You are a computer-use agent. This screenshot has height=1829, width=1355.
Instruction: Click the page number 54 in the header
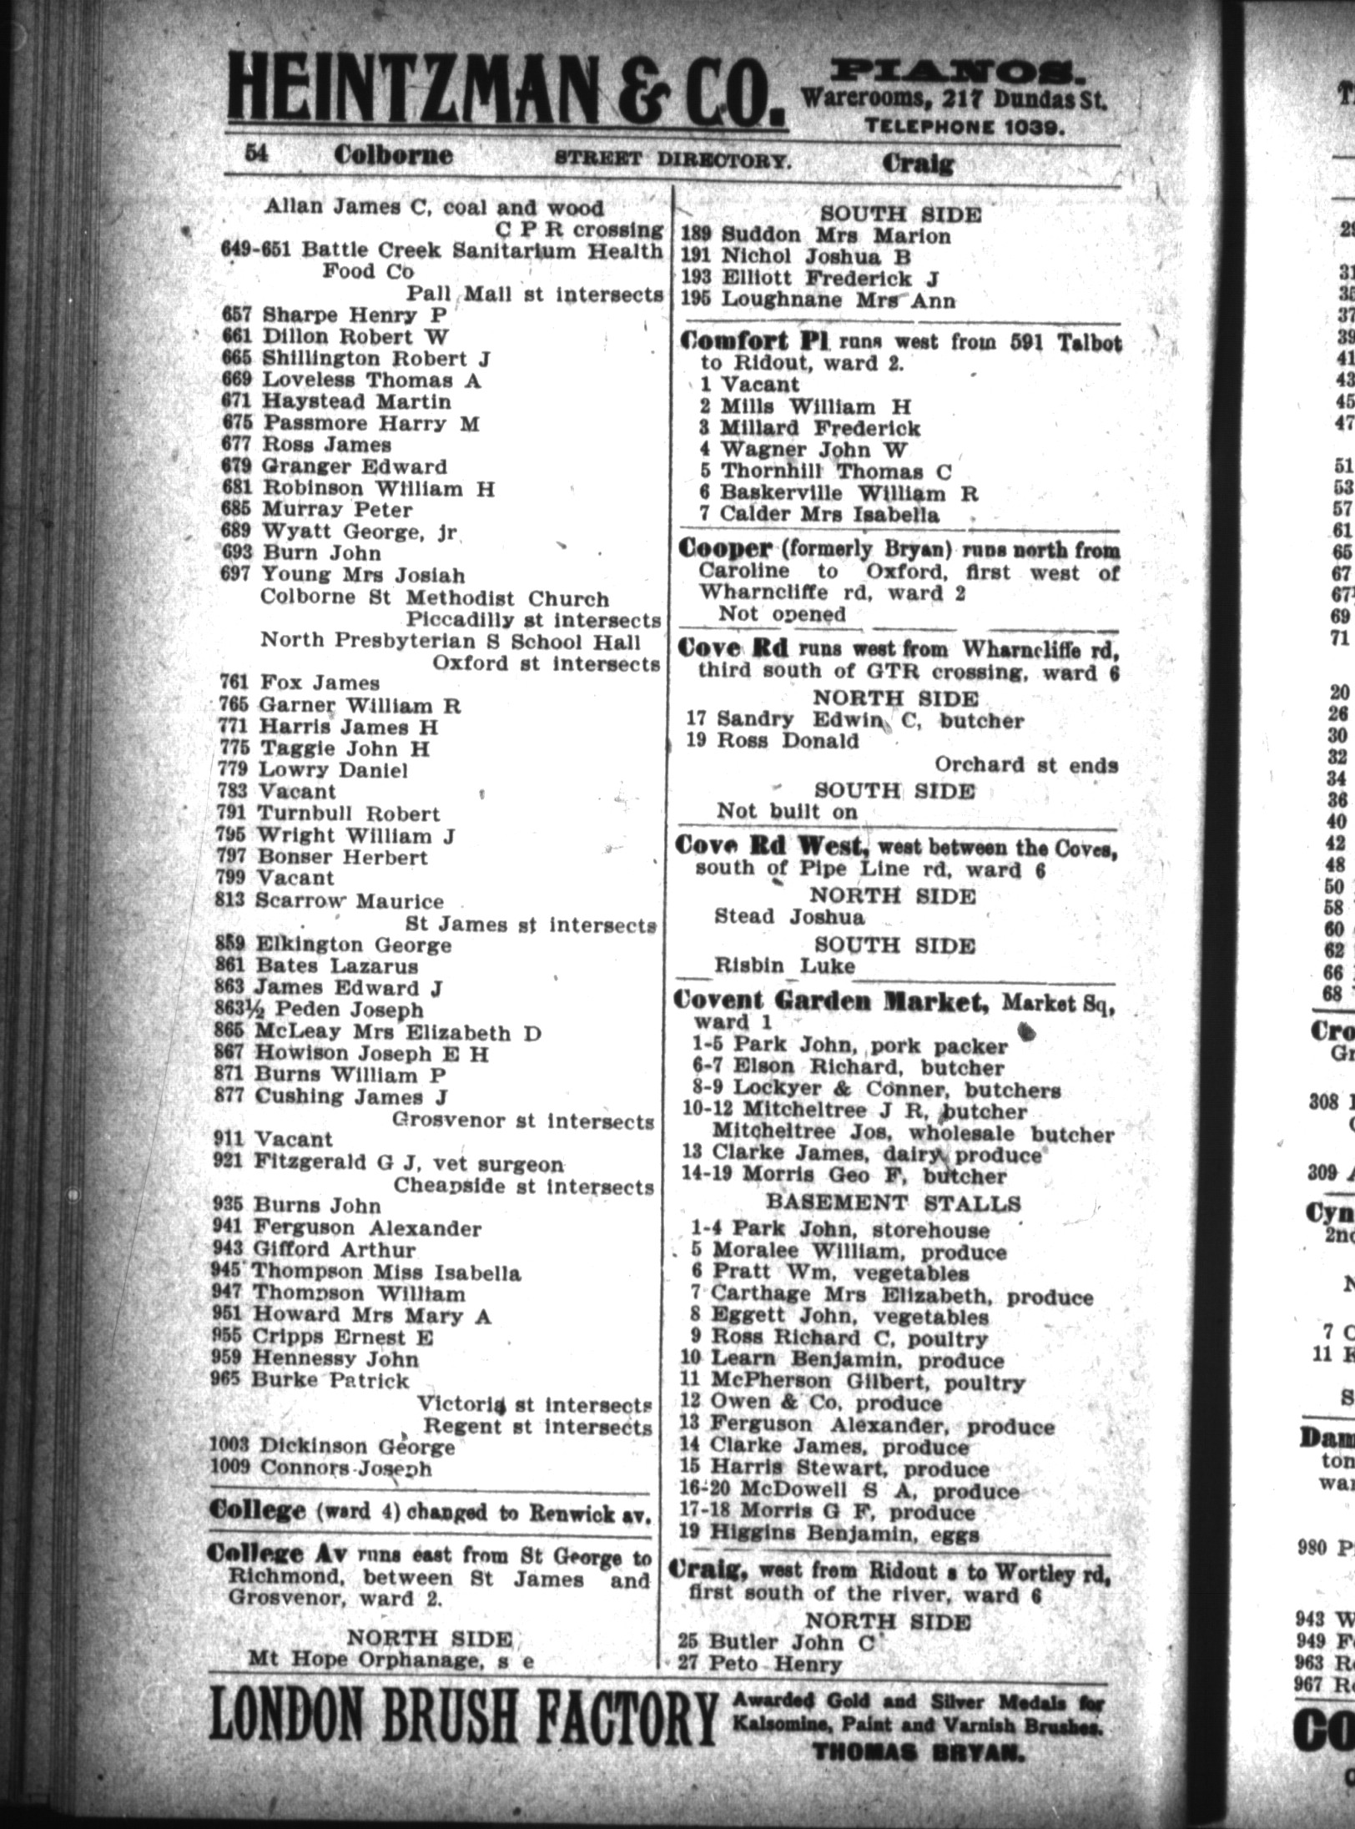tap(254, 154)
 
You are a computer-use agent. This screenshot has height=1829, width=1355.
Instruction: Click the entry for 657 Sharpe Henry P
tap(335, 315)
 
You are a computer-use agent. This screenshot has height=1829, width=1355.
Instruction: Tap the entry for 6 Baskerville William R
tap(839, 492)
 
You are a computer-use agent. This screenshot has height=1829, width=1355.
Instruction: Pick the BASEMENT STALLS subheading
tap(893, 1203)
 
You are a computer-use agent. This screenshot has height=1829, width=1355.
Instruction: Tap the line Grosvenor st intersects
tap(523, 1122)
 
